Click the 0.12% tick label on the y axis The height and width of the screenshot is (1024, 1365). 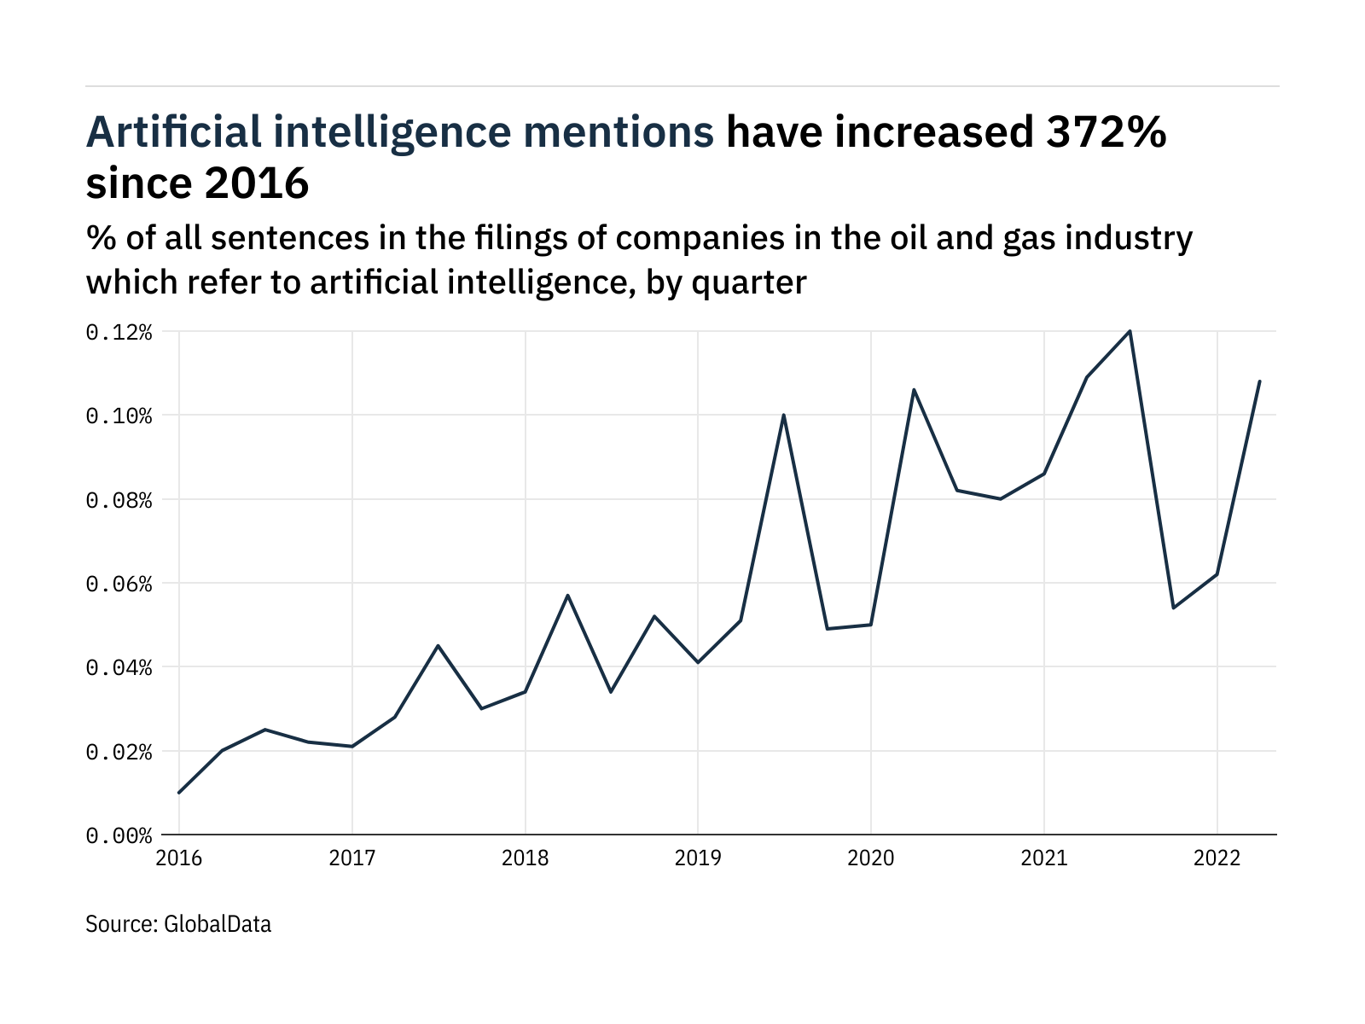point(119,332)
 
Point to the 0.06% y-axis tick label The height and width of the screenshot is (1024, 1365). point(119,584)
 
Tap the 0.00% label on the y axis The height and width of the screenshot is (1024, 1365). point(119,835)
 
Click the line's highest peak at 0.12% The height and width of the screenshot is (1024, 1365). point(1130,331)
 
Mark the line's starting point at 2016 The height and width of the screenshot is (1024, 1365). point(179,793)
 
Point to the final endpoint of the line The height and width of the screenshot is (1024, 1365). point(1260,381)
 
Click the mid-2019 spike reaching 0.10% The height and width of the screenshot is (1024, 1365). point(783,415)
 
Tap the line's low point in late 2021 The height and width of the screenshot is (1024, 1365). point(1173,608)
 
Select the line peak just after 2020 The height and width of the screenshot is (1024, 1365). point(914,390)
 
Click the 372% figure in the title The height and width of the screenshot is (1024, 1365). point(1101,132)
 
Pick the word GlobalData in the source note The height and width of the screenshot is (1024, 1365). point(217,924)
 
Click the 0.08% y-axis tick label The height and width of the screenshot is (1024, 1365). point(119,500)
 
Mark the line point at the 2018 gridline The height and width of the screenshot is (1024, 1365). point(525,692)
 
